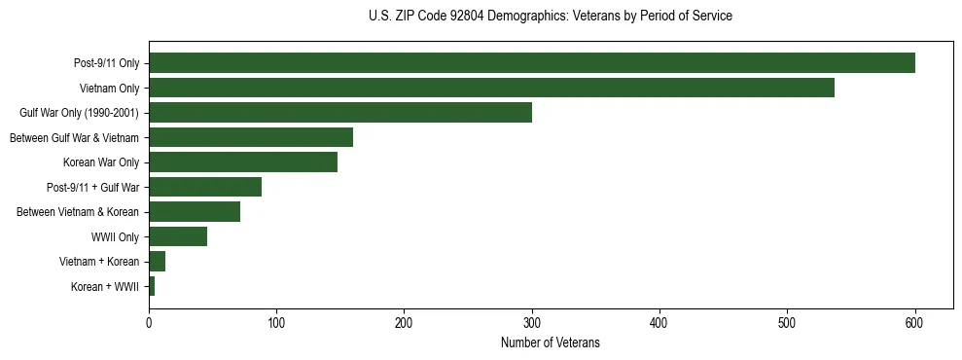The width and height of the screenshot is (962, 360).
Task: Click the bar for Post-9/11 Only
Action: click(531, 63)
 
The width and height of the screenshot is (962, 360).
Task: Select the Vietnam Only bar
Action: click(491, 88)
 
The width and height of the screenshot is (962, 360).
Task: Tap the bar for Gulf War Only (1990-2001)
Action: click(340, 113)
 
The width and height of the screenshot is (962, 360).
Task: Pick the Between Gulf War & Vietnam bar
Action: click(251, 137)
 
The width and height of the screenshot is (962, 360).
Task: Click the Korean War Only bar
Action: click(243, 162)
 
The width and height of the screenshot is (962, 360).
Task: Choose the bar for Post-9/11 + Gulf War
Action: click(205, 187)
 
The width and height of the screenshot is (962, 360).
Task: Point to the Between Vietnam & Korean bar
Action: click(195, 212)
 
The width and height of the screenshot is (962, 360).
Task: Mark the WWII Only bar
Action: click(178, 236)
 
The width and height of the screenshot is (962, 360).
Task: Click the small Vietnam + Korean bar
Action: click(157, 262)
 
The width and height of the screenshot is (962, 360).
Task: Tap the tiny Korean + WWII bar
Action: click(152, 286)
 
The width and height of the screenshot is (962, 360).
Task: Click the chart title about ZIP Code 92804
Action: click(551, 17)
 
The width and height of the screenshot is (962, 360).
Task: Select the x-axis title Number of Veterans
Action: click(551, 343)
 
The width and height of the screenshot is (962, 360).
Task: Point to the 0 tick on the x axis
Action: click(149, 323)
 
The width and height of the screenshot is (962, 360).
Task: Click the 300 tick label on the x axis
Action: click(532, 323)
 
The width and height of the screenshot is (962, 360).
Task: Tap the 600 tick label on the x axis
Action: click(914, 323)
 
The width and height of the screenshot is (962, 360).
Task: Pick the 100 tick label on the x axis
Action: click(276, 323)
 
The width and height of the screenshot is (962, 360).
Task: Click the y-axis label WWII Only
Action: click(115, 237)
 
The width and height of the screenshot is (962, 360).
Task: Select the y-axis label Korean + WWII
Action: click(105, 287)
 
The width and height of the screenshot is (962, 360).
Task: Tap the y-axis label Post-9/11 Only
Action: click(106, 64)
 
